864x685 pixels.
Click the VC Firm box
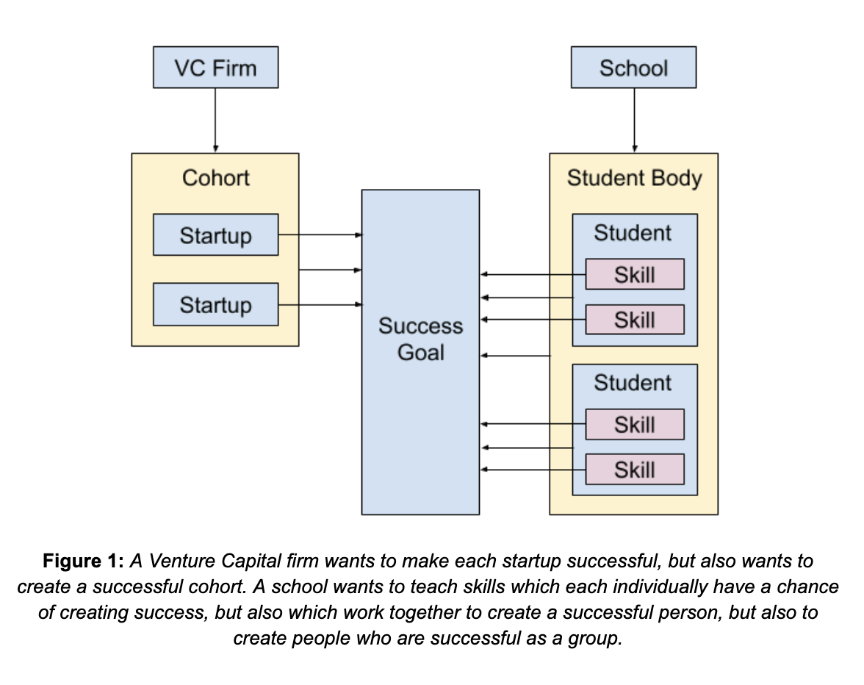pyautogui.click(x=215, y=68)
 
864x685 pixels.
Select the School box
pyautogui.click(x=633, y=68)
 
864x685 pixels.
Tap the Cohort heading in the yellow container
pyautogui.click(x=215, y=178)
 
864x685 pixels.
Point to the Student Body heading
pyautogui.click(x=633, y=178)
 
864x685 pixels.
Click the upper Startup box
pyautogui.click(x=215, y=235)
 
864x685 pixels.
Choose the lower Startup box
pyautogui.click(x=215, y=304)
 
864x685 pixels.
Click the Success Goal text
pyautogui.click(x=420, y=339)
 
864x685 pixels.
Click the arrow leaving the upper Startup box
pyautogui.click(x=320, y=235)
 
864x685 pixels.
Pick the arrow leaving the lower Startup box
pyautogui.click(x=320, y=304)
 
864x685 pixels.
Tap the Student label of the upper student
pyautogui.click(x=633, y=233)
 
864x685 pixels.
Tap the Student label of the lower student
pyautogui.click(x=633, y=383)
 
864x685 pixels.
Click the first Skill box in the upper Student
pyautogui.click(x=635, y=275)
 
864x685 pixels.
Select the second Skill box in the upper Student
pyautogui.click(x=635, y=320)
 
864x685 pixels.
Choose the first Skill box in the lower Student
pyautogui.click(x=635, y=425)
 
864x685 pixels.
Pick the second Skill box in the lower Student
pyautogui.click(x=635, y=470)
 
